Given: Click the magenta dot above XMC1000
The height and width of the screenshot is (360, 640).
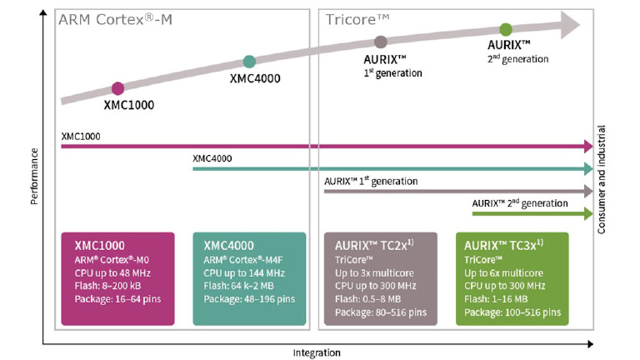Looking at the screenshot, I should click(x=117, y=88).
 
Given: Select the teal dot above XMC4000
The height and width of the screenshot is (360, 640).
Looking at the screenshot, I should click(x=249, y=61).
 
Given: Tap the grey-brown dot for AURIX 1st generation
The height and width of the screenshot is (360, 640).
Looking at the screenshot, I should click(x=381, y=42).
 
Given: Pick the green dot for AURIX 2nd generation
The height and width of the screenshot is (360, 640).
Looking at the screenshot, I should click(x=506, y=30).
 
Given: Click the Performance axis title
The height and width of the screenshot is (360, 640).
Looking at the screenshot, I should click(x=33, y=177).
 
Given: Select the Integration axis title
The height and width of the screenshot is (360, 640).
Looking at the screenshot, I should click(x=317, y=352).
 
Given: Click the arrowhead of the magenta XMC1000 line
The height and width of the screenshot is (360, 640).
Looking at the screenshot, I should click(x=587, y=147).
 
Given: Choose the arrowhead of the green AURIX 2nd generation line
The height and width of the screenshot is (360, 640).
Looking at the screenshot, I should click(x=587, y=213).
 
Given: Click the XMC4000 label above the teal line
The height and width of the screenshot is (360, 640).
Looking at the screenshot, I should click(x=212, y=158).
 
